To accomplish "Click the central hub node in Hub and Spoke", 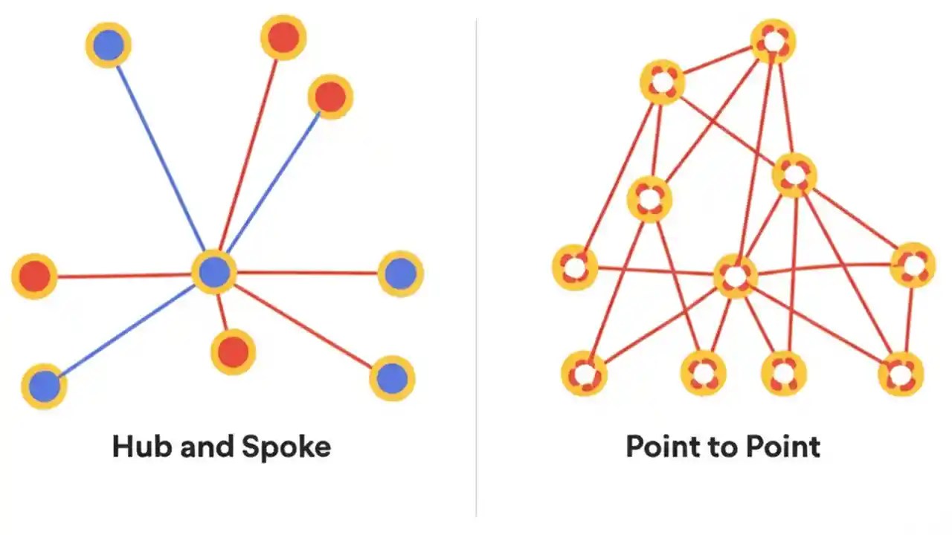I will click(x=214, y=272).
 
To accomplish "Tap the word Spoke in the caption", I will click(x=286, y=447).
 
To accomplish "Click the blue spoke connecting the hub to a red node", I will click(x=275, y=179).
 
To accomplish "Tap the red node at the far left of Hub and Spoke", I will click(x=34, y=276).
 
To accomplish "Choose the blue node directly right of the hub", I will click(x=401, y=273).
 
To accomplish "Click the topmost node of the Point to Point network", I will click(x=773, y=42).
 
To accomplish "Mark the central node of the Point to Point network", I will click(x=735, y=276).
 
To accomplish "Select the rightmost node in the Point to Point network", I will click(x=913, y=265).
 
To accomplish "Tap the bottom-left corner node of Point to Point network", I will click(x=584, y=374).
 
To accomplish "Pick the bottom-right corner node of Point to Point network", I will click(x=901, y=374).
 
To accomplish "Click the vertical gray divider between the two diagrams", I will click(x=476, y=267).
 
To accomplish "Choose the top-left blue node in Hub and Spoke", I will click(x=109, y=45).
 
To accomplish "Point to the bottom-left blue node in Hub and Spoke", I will click(x=45, y=386).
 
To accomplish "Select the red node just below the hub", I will click(x=233, y=351).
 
